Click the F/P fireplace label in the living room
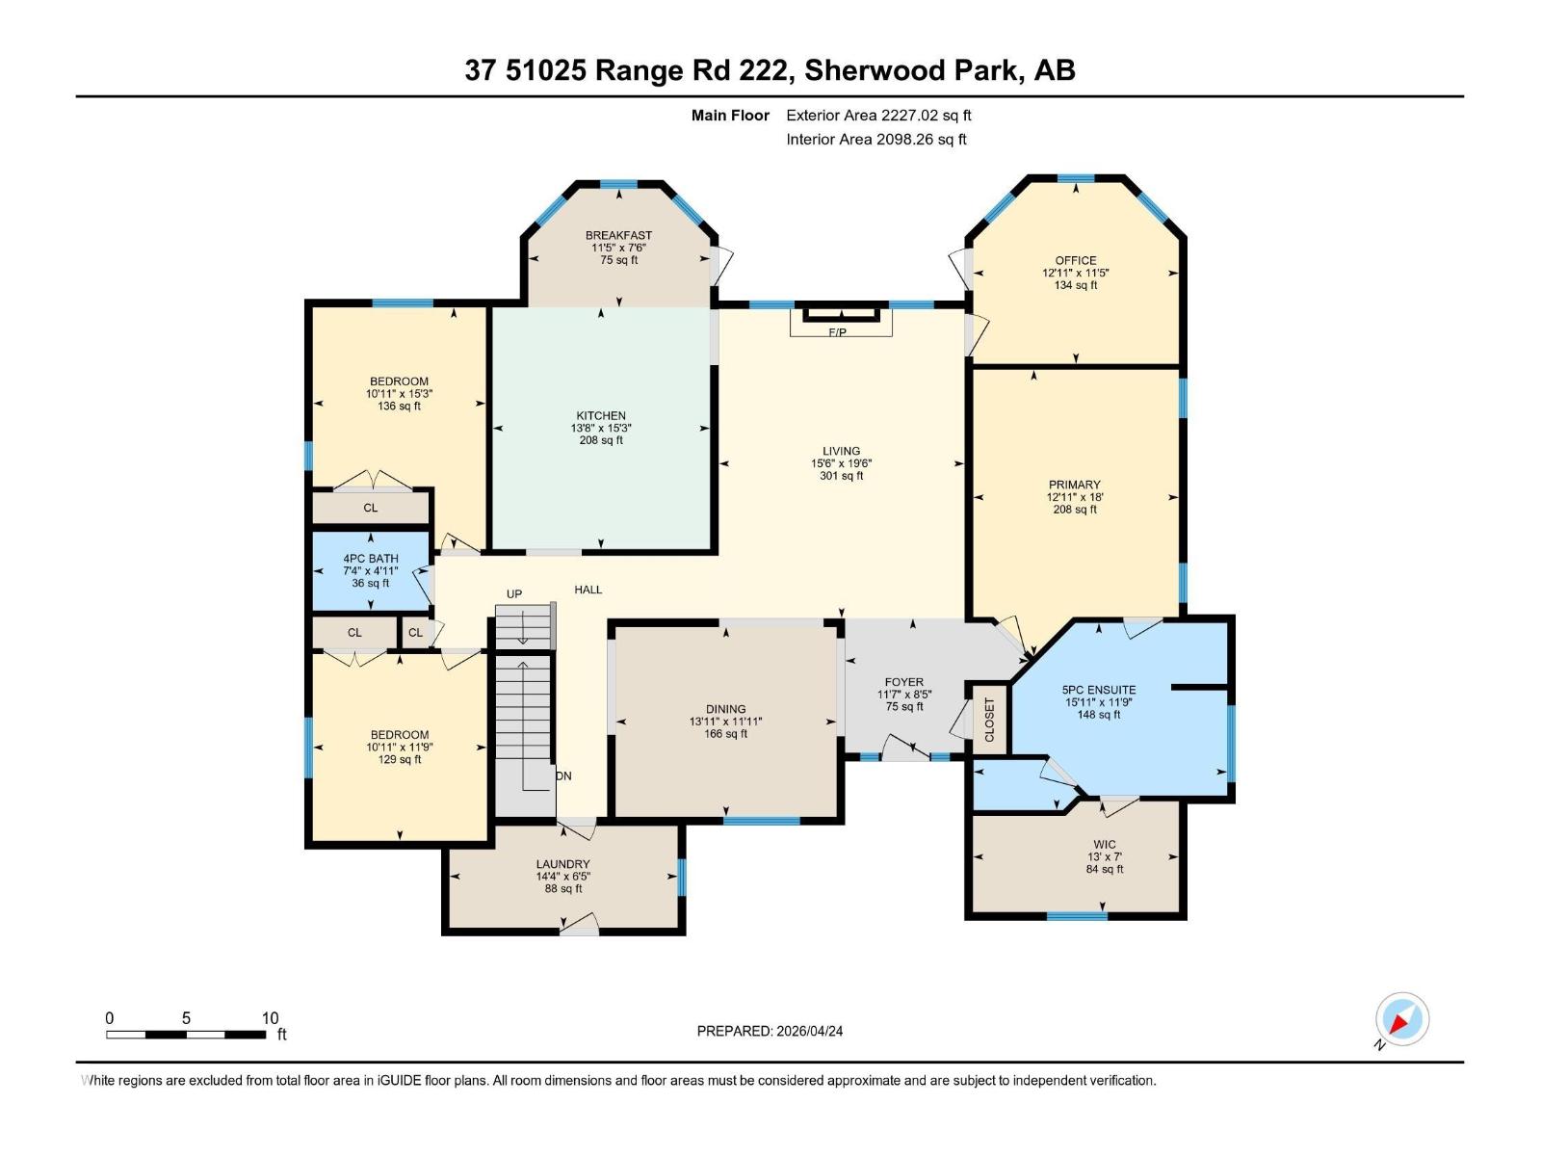(x=837, y=332)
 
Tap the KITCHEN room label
(x=601, y=416)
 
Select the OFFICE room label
(x=1076, y=260)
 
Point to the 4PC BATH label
(x=371, y=559)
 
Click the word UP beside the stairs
(x=514, y=593)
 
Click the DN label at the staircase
(x=563, y=775)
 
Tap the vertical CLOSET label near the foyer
(x=989, y=720)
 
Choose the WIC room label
(x=1105, y=844)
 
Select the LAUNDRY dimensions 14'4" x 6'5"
(x=563, y=877)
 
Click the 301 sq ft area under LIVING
(x=841, y=476)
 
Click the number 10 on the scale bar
(x=270, y=1018)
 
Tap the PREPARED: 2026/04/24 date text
(x=770, y=1031)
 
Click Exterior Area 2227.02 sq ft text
(x=878, y=115)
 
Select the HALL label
(x=588, y=590)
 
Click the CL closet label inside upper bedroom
(x=371, y=508)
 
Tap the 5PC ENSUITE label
(x=1099, y=690)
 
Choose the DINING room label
(x=725, y=709)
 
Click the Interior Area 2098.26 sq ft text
(x=876, y=139)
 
